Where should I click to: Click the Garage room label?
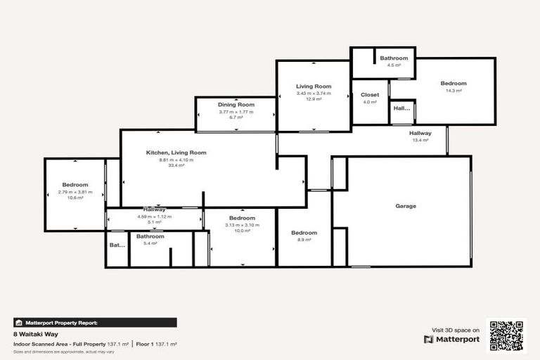[x=406, y=207]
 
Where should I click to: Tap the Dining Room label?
[x=236, y=105]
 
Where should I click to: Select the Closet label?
[x=370, y=95]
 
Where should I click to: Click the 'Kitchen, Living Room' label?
[x=176, y=153]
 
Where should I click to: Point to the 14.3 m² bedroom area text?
[x=454, y=91]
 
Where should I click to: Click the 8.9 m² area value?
[x=304, y=240]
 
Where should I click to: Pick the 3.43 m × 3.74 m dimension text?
[x=314, y=93]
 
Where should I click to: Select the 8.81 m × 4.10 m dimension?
[x=176, y=160]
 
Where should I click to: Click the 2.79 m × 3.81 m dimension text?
[x=75, y=192]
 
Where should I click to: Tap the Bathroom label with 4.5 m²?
[x=394, y=58]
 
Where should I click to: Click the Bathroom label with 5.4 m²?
[x=150, y=237]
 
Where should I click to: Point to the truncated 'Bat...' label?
[x=117, y=245]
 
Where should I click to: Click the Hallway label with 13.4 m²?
[x=420, y=133]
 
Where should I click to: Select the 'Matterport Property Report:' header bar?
[x=95, y=323]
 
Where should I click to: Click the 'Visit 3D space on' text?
[x=456, y=329]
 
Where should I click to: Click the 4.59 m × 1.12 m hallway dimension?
[x=155, y=217]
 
